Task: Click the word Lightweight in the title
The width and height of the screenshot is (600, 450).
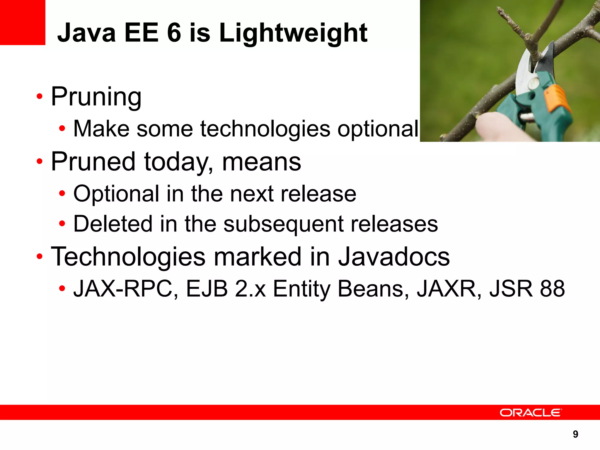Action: tap(293, 33)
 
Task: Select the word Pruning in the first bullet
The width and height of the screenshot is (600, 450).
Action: tap(96, 97)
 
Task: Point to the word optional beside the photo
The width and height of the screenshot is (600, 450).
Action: tap(378, 129)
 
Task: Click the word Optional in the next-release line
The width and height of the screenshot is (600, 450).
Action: tap(116, 194)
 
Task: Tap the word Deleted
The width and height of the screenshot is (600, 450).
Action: tap(113, 224)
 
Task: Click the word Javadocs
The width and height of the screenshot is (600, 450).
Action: tap(394, 257)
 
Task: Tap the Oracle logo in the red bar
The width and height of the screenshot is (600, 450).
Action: tap(531, 412)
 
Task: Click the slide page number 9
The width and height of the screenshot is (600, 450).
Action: tap(575, 434)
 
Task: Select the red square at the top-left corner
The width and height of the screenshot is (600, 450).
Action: tap(23, 22)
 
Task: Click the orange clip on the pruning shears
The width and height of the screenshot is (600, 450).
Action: tap(556, 98)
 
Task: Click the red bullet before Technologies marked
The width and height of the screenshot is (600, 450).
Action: tap(40, 257)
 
